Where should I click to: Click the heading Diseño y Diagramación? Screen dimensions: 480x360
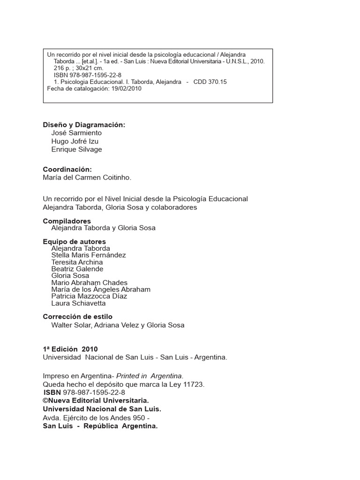[x=84, y=125]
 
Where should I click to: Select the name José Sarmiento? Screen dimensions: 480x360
[x=76, y=133]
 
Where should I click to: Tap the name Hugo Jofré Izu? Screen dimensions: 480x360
[x=75, y=141]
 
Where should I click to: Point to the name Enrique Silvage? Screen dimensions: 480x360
[x=76, y=150]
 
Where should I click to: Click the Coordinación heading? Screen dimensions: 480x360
[x=67, y=169]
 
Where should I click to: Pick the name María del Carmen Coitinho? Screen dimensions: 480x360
[x=87, y=178]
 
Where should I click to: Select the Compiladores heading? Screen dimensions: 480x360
[x=67, y=221]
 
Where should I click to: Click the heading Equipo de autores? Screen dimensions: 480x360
[x=75, y=241]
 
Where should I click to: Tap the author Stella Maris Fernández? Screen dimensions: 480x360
[x=89, y=255]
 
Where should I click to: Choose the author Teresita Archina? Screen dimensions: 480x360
[x=77, y=262]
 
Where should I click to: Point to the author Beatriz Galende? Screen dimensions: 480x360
[x=77, y=269]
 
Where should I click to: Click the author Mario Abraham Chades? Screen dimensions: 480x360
[x=90, y=283]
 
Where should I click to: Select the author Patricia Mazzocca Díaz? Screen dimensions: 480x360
[x=89, y=296]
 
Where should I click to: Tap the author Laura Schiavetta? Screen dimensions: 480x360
[x=78, y=303]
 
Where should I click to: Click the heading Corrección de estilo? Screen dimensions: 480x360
[x=78, y=317]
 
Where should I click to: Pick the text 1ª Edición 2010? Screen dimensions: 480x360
[x=70, y=349]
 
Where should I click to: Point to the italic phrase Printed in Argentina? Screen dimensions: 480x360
[x=150, y=376]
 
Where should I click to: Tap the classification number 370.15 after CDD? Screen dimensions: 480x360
[x=217, y=82]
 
